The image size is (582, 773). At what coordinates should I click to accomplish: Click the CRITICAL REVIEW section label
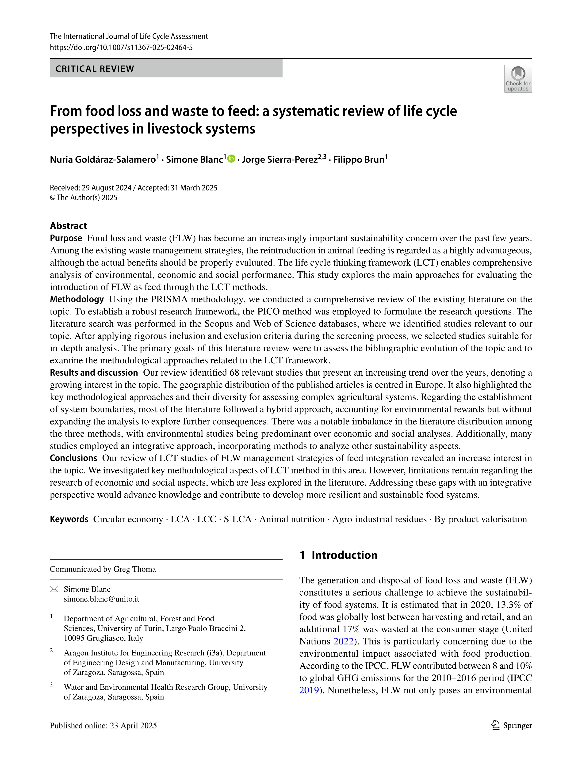click(95, 69)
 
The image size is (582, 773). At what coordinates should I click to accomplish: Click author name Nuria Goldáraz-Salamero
click(103, 160)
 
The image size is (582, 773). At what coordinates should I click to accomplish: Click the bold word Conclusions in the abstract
click(73, 458)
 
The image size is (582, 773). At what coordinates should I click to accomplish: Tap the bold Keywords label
click(69, 519)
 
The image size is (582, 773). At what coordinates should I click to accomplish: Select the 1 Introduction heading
click(338, 555)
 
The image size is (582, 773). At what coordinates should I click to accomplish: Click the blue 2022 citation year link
click(343, 641)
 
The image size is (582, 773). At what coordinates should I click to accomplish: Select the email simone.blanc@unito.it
click(101, 599)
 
